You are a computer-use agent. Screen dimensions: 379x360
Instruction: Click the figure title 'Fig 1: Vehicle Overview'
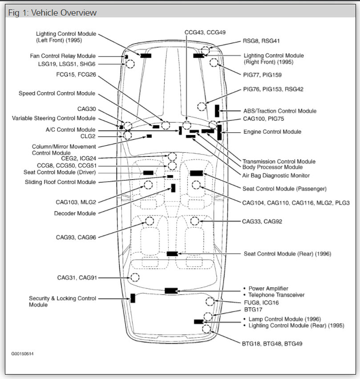point(52,13)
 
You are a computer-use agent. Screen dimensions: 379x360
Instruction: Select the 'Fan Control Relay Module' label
point(62,56)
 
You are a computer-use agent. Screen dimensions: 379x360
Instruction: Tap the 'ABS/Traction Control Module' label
point(280,111)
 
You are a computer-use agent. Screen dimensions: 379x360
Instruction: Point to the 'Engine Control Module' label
point(272,132)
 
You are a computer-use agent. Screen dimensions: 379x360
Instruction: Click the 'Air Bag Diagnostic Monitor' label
point(276,175)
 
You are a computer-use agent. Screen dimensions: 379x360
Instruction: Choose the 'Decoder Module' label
point(75,213)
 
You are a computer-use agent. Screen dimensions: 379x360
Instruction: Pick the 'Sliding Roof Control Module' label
point(60,182)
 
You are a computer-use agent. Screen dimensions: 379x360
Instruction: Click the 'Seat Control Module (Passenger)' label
point(284,189)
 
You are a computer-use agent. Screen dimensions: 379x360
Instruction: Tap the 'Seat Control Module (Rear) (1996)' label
point(287,254)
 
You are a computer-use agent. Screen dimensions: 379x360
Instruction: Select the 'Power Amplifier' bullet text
point(268,289)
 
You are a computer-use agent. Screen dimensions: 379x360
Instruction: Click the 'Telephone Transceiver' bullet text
point(276,295)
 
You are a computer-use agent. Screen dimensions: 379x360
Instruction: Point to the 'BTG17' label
point(253,309)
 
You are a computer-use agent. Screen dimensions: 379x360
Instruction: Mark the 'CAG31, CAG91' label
point(77,277)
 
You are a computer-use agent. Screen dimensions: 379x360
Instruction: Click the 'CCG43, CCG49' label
point(205,33)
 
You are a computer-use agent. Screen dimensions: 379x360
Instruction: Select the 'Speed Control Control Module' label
point(57,94)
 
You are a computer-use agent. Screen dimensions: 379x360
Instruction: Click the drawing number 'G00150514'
point(23,354)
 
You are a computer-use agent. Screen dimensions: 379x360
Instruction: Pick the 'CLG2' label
point(88,136)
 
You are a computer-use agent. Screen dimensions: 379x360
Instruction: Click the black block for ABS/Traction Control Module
point(217,110)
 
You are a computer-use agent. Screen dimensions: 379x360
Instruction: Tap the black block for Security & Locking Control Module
point(133,298)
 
